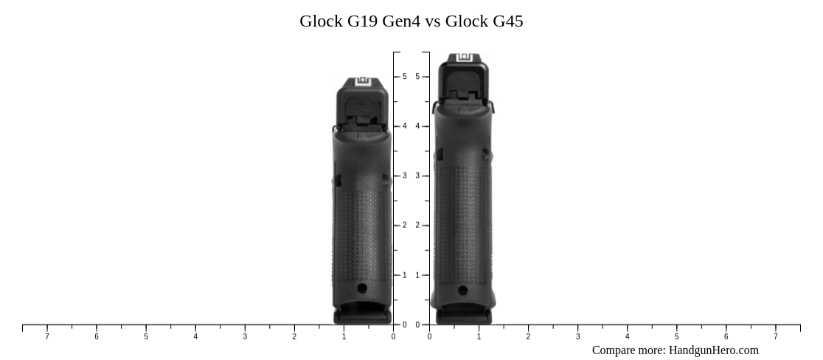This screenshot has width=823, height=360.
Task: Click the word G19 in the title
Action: pyautogui.click(x=362, y=21)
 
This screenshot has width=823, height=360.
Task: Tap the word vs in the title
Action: pyautogui.click(x=432, y=21)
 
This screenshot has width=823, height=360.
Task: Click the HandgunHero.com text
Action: pyautogui.click(x=713, y=350)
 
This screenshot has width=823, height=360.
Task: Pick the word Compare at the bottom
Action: pyautogui.click(x=615, y=350)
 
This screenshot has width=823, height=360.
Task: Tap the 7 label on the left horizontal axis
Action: pyautogui.click(x=47, y=337)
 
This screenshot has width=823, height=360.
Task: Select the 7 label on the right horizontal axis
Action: pyautogui.click(x=775, y=337)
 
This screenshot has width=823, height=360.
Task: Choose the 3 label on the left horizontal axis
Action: pyautogui.click(x=245, y=337)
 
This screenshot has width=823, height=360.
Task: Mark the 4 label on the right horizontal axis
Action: pyautogui.click(x=627, y=337)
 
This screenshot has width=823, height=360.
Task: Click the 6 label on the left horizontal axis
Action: pyautogui.click(x=97, y=337)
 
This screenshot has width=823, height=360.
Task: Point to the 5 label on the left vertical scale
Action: pyautogui.click(x=404, y=77)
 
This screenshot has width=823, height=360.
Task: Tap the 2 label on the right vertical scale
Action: pyautogui.click(x=417, y=226)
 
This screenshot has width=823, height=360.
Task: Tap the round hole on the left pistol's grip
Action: pyautogui.click(x=361, y=288)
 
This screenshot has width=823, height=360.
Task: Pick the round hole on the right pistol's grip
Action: pyautogui.click(x=462, y=290)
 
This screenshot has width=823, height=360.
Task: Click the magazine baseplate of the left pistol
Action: pyautogui.click(x=362, y=317)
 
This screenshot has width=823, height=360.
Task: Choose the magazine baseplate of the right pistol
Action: pyautogui.click(x=463, y=317)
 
